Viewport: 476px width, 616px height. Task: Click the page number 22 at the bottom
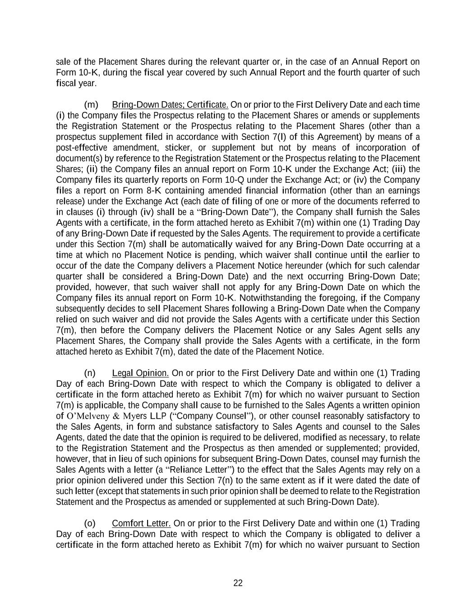pos(238,583)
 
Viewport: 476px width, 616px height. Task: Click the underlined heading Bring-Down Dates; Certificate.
pos(170,105)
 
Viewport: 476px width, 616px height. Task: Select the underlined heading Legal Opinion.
pos(140,373)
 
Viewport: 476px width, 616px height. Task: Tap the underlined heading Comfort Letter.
pos(141,523)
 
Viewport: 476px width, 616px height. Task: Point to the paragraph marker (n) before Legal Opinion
pos(90,373)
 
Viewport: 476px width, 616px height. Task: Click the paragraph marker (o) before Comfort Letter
pos(90,523)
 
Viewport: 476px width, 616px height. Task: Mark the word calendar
pos(402,266)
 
